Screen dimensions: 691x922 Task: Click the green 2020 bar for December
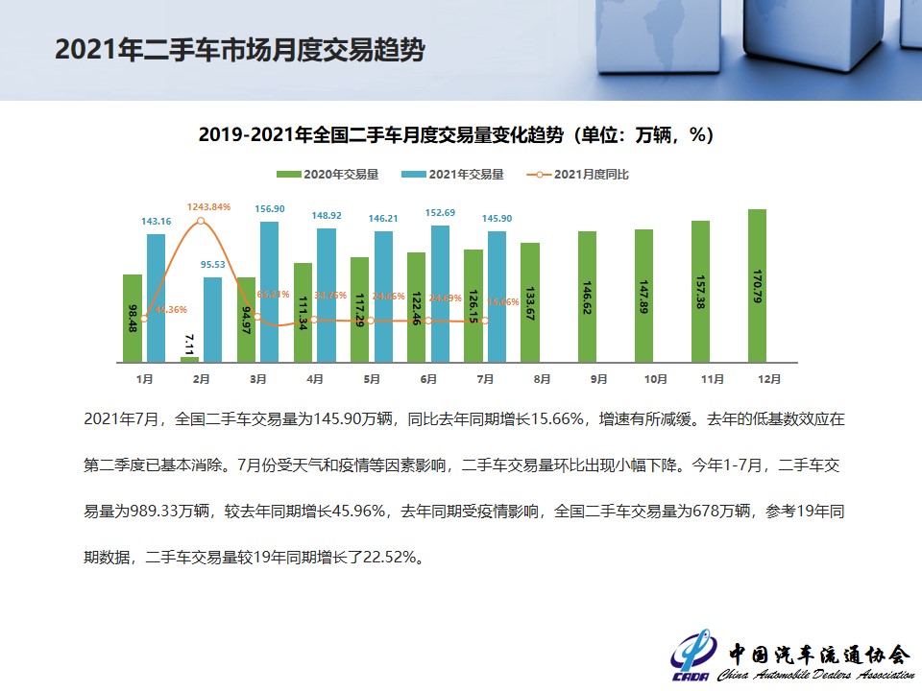coord(758,285)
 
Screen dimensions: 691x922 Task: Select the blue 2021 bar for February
coord(213,320)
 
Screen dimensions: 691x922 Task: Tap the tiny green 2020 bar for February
coord(189,359)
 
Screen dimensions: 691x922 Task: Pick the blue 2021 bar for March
coord(270,292)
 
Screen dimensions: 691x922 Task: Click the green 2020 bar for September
coord(587,297)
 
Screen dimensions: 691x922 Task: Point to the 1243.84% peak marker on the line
coord(201,221)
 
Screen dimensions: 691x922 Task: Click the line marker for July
coord(485,321)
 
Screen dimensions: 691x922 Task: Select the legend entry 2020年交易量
coord(328,175)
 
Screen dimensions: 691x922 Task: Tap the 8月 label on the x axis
coord(542,380)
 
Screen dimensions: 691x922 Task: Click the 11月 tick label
coord(712,380)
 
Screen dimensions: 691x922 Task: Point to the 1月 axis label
coord(144,380)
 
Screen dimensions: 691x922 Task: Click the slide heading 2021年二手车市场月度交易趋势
coord(239,50)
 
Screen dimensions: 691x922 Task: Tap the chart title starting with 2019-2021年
coord(456,135)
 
